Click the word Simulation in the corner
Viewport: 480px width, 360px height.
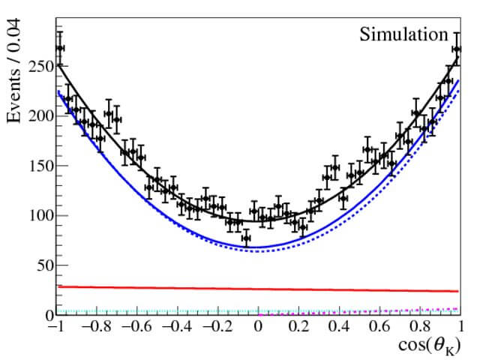[x=403, y=34]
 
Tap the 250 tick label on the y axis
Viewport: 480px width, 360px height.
[x=37, y=66]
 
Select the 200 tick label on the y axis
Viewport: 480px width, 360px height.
[x=37, y=116]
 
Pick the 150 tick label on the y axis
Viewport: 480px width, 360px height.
[x=37, y=166]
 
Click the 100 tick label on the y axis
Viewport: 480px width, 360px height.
[x=37, y=216]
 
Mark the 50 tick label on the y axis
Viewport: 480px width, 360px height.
[x=42, y=265]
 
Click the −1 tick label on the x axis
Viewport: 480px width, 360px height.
[x=55, y=328]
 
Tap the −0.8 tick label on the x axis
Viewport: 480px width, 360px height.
[x=95, y=328]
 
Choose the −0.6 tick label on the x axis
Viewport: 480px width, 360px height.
[x=136, y=328]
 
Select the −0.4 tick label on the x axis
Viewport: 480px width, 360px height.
[x=176, y=328]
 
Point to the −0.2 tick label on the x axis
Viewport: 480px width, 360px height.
[x=217, y=328]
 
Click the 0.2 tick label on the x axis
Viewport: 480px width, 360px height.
[x=298, y=328]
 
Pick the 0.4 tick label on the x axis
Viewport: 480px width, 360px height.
[x=339, y=328]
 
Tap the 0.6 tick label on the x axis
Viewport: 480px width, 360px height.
[x=379, y=328]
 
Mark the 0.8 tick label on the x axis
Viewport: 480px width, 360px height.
[x=420, y=328]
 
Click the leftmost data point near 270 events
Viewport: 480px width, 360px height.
[x=60, y=48]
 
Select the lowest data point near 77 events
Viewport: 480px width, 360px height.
[x=246, y=238]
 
